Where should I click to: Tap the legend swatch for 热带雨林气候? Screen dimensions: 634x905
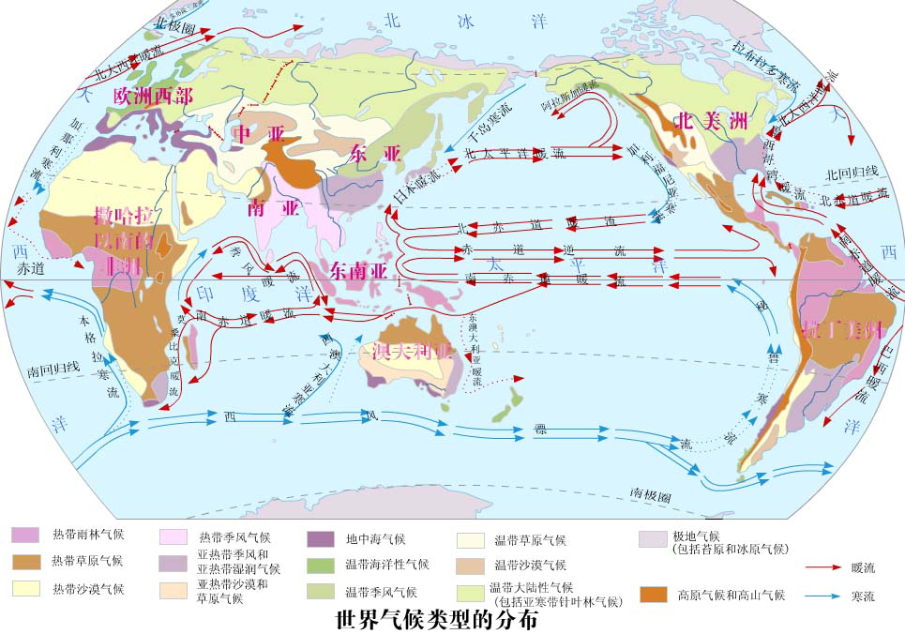(x=26, y=535)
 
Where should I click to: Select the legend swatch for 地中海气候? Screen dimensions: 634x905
(x=321, y=538)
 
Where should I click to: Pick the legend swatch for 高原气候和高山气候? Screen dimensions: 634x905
(x=654, y=595)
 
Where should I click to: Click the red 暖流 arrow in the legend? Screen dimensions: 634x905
(x=825, y=567)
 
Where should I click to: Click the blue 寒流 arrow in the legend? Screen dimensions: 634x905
(x=825, y=596)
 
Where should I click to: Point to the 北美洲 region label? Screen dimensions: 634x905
(x=710, y=121)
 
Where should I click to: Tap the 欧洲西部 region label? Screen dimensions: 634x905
(x=153, y=96)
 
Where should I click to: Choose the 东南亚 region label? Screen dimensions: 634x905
(x=359, y=270)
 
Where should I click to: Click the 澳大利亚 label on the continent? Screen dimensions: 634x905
(x=413, y=353)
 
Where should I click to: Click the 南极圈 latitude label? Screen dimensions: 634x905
(x=650, y=493)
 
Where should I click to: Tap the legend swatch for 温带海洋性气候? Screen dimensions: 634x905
(x=321, y=565)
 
